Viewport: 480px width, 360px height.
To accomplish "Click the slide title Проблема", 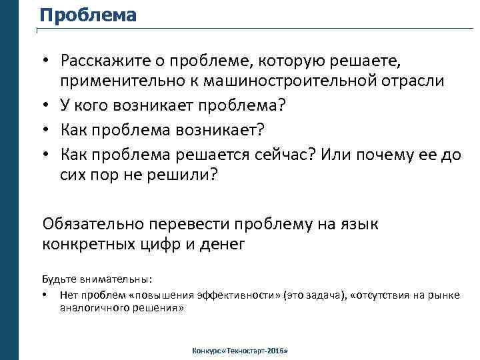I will (87, 15).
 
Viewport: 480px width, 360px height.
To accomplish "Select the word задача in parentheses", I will (319, 295).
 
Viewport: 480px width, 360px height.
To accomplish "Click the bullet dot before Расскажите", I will (47, 61).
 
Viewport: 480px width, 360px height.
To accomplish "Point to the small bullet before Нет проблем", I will (44, 295).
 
